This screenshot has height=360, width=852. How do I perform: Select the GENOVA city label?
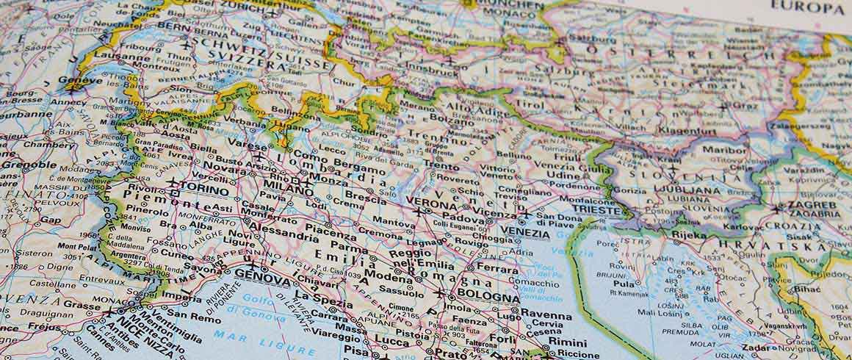[263, 273]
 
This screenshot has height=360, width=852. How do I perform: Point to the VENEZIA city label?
[524, 234]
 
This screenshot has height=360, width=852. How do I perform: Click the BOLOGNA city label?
[488, 297]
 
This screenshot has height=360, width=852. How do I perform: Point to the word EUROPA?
[806, 9]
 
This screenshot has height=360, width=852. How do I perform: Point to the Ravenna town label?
[546, 315]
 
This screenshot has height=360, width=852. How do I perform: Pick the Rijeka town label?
[688, 236]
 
